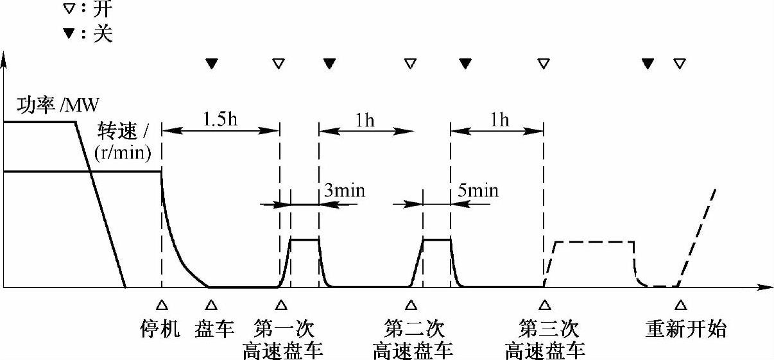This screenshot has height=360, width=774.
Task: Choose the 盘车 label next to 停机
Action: coord(212,329)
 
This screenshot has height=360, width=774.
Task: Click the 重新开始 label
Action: coord(685,329)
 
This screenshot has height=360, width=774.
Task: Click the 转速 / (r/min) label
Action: coord(122,141)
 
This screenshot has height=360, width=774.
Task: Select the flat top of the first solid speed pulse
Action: coord(305,239)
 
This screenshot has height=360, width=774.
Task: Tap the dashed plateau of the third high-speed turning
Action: coord(594,242)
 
